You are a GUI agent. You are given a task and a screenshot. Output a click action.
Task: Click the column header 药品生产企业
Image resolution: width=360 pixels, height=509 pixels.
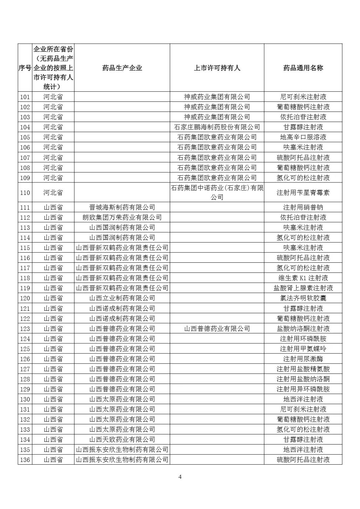pos(122,68)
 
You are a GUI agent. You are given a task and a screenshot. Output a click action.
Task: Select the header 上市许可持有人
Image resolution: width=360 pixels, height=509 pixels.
pos(217,68)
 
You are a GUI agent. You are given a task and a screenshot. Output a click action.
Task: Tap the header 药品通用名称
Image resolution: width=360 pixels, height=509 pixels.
pos(303,68)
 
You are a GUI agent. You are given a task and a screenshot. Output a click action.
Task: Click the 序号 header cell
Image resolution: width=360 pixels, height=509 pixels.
pos(25,68)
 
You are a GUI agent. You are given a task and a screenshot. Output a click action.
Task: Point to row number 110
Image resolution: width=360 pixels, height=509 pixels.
pos(25,193)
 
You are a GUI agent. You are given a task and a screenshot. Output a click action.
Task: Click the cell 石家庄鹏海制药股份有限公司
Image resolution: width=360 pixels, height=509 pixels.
pos(217,127)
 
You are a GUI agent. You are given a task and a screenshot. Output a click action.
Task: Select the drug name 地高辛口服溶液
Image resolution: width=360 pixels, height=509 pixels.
pos(303,137)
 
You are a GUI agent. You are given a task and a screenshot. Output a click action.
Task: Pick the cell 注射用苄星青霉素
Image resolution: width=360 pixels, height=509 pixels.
pos(303,193)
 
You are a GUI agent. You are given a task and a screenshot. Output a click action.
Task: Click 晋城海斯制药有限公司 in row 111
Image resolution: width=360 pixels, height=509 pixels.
pos(122,207)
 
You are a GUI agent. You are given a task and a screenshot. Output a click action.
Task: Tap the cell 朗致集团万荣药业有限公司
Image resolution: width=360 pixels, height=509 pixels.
pos(122,217)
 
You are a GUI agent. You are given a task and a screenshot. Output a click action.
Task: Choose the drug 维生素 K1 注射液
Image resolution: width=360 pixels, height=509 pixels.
pos(303,278)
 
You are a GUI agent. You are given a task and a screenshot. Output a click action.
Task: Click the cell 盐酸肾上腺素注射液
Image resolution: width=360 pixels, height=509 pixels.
pos(303,288)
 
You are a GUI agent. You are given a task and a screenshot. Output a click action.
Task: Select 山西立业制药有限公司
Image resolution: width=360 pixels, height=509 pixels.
pos(122,298)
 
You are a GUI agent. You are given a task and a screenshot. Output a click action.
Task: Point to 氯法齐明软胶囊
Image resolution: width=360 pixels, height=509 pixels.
pos(303,298)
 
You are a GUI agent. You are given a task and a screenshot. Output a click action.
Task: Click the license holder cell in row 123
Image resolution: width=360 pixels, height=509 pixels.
pos(217,329)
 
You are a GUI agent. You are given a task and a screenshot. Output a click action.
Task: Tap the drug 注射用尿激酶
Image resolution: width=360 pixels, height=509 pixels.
pos(303,359)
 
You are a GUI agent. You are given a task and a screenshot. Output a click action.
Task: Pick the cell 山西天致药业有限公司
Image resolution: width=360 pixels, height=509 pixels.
pos(122,439)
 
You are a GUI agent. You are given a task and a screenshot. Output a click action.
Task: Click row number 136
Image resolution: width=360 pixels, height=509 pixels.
pos(25,460)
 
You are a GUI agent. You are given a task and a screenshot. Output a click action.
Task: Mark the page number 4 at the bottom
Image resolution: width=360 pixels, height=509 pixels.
pos(180,477)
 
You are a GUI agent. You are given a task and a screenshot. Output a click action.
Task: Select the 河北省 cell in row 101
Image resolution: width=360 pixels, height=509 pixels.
pos(53,97)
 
